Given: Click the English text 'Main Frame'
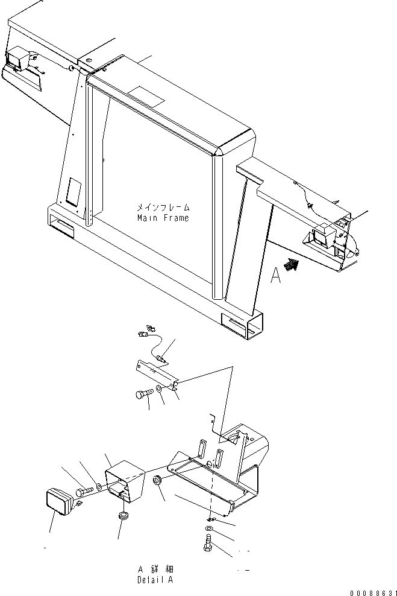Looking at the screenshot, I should coord(162,218).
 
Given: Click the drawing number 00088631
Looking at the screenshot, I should coord(368,592).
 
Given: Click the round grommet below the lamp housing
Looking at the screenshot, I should coord(124,516).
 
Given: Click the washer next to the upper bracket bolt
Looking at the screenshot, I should coord(158,390).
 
